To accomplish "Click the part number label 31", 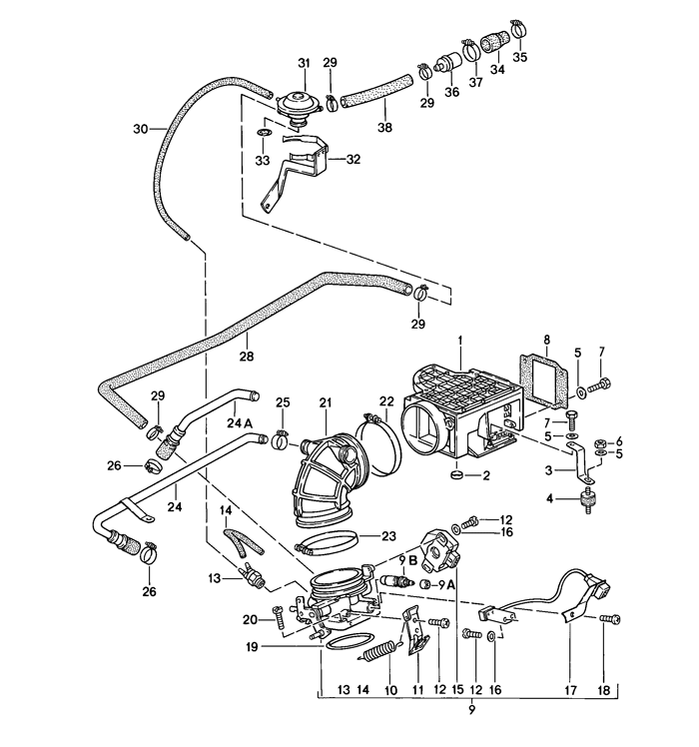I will click(304, 64).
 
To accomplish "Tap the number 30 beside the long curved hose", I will click(142, 129).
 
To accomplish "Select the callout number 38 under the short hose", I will click(385, 128).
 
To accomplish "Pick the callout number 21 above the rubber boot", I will click(325, 402).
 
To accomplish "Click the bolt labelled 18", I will click(605, 620).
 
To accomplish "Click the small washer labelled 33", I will click(263, 133).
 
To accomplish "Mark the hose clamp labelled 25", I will click(282, 434).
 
